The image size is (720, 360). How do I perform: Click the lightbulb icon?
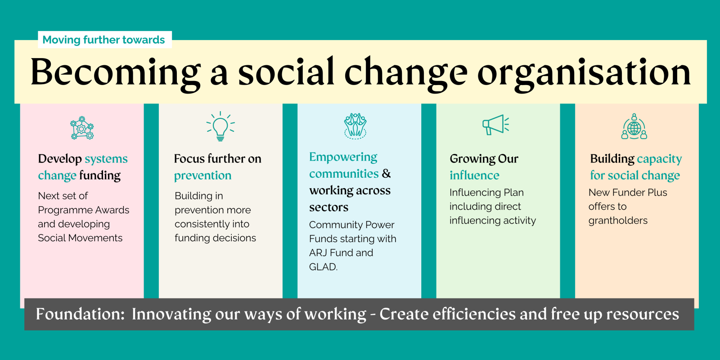(x=220, y=126)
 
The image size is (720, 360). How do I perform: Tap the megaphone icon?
(x=495, y=125)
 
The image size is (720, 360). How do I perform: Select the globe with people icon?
(x=634, y=126)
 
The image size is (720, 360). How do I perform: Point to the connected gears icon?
(x=82, y=128)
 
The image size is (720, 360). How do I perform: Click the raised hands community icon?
(x=355, y=126)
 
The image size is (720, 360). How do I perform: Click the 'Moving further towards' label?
(x=103, y=40)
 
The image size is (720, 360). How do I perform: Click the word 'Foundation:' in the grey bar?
(x=80, y=314)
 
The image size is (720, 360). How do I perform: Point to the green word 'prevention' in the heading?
(x=202, y=175)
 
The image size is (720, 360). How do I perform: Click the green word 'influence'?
(x=474, y=175)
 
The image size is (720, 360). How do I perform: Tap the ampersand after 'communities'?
(x=387, y=174)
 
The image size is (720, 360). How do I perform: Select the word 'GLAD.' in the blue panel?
(x=324, y=267)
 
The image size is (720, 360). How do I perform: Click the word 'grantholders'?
(x=618, y=220)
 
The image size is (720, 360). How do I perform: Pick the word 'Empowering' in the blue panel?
(x=343, y=157)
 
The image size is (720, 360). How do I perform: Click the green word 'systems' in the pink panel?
(x=106, y=159)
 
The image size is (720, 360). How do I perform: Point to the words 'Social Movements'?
(x=80, y=238)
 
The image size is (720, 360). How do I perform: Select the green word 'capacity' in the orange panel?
(x=659, y=159)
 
